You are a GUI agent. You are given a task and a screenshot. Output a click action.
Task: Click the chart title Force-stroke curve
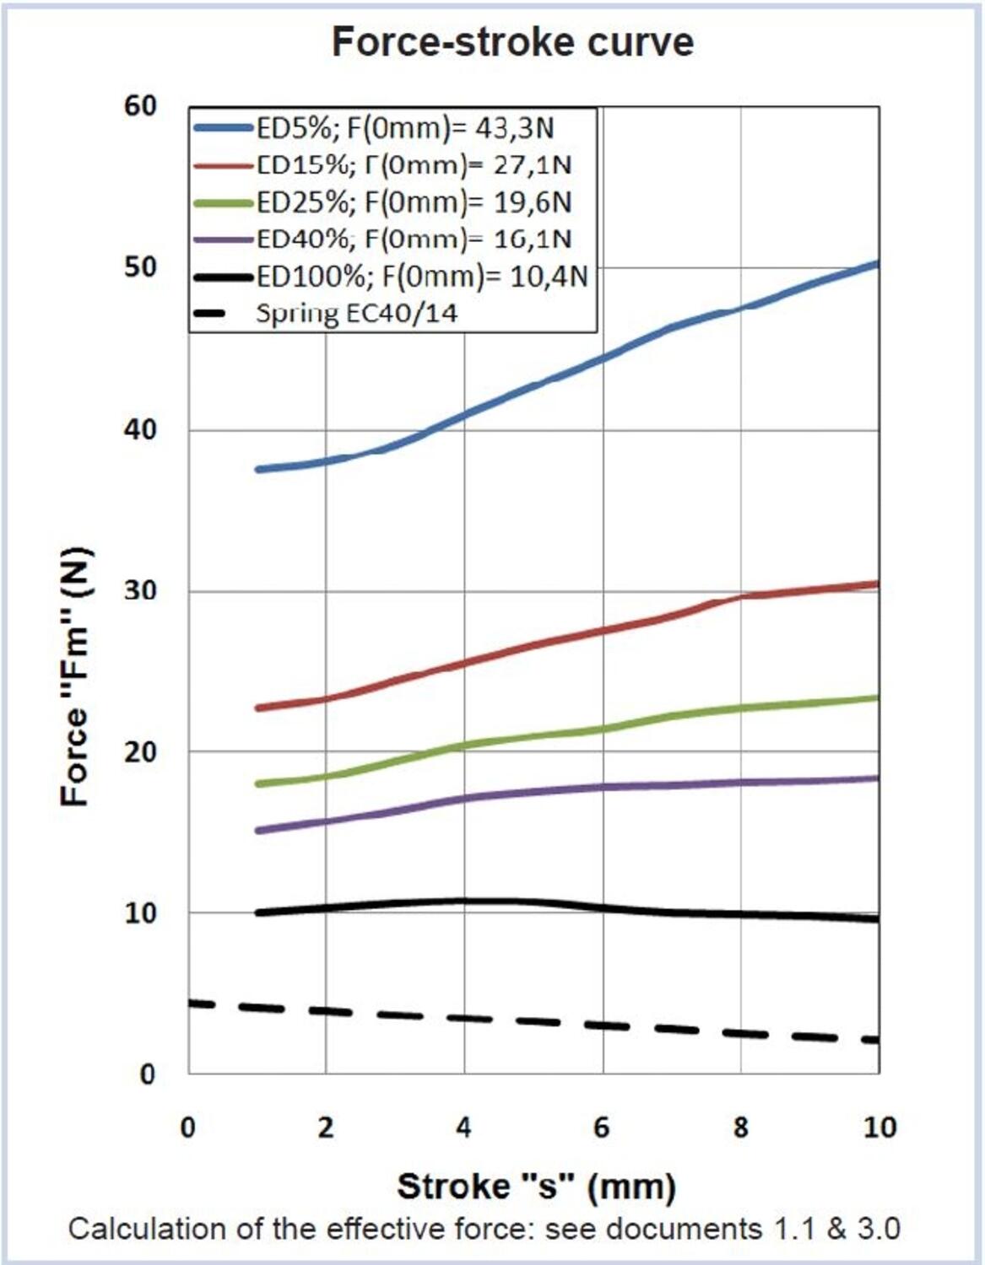tap(512, 41)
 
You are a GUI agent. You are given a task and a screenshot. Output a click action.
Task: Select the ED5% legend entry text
tap(405, 128)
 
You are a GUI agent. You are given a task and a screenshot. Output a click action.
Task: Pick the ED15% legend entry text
tap(414, 164)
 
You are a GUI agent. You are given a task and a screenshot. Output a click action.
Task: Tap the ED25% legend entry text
tap(414, 202)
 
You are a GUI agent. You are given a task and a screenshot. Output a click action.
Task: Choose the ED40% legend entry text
tap(414, 240)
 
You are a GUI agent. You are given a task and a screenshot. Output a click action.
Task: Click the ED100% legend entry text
tap(422, 277)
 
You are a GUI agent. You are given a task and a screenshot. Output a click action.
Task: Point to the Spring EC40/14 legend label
tap(356, 314)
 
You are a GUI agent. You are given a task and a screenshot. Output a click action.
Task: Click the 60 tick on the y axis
tap(140, 106)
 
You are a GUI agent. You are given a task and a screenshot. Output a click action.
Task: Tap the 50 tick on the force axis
tap(140, 267)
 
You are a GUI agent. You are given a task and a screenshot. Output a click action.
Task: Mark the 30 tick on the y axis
tap(140, 590)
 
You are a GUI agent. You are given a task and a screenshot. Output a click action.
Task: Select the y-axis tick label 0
tap(148, 1074)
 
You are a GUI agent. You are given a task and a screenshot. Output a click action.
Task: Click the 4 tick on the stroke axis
tap(463, 1128)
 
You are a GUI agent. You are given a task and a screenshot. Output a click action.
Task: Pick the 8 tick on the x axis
tap(740, 1128)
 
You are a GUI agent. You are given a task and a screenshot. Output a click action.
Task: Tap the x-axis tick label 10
tap(879, 1128)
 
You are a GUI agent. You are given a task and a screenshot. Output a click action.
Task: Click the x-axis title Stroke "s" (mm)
tap(536, 1187)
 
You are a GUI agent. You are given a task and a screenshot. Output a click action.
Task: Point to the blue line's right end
tap(878, 265)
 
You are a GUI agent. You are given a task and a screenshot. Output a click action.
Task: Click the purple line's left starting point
tap(258, 831)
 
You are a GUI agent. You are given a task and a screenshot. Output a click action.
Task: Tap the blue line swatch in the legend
tap(223, 128)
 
